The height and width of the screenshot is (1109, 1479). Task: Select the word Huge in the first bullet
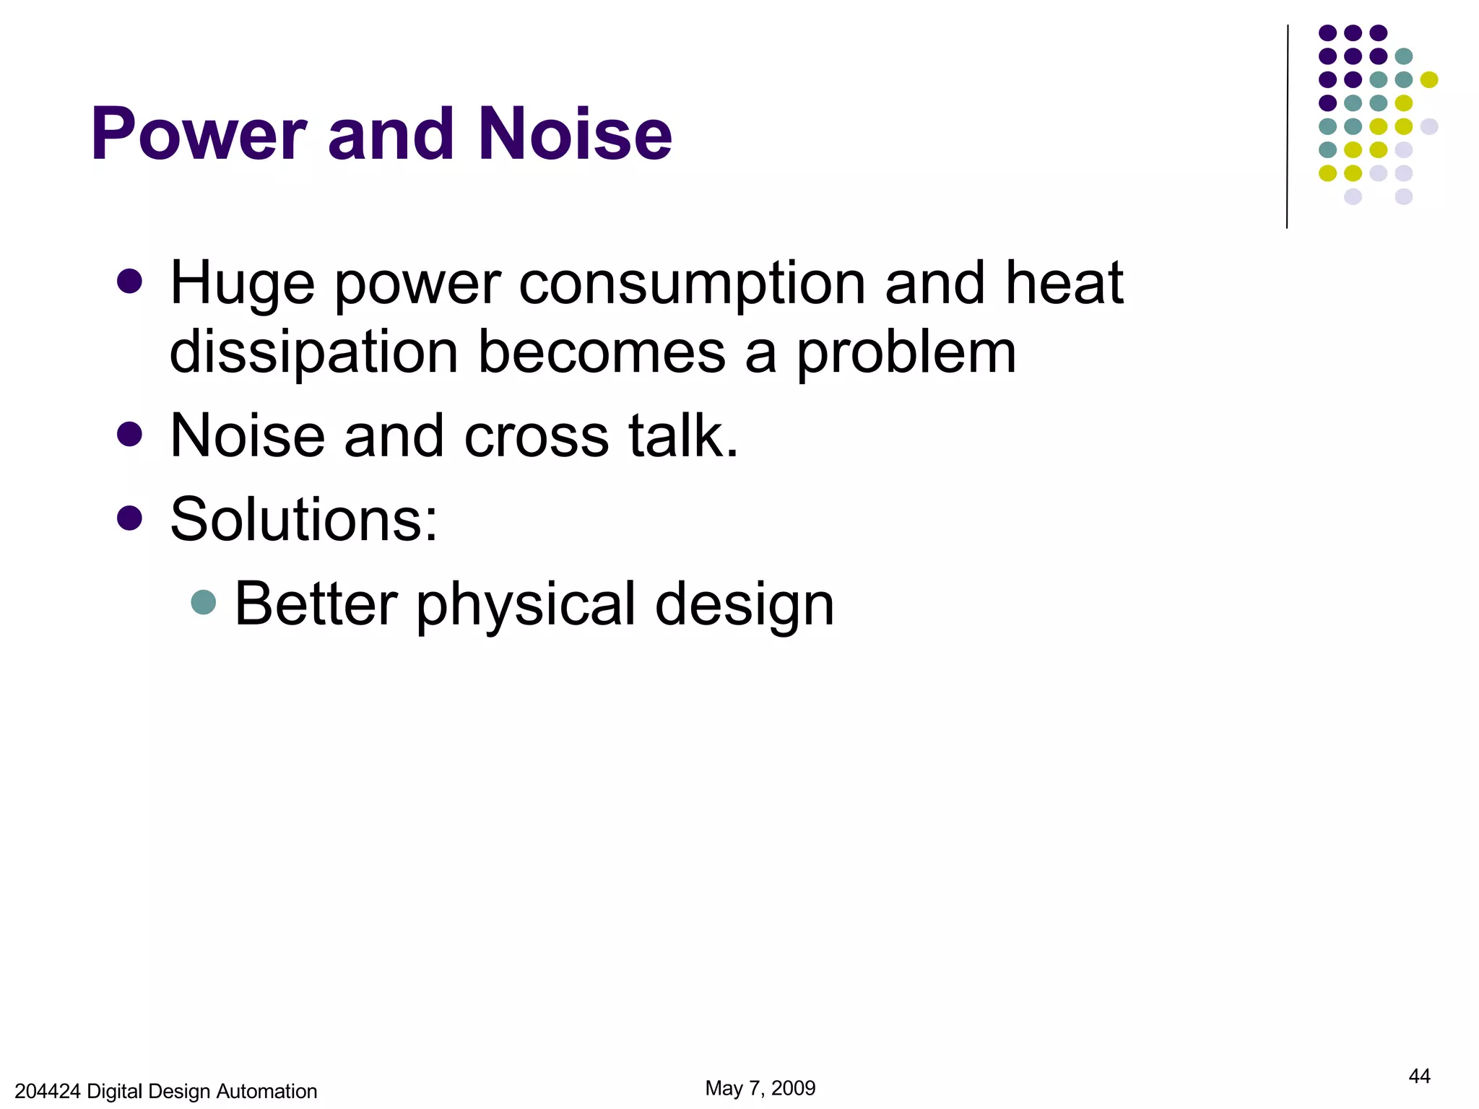click(242, 284)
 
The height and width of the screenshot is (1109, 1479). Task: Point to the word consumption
click(691, 284)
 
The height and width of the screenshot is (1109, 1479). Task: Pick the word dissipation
click(313, 352)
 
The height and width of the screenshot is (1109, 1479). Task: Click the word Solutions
click(303, 519)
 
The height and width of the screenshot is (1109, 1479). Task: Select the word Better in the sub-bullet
click(316, 604)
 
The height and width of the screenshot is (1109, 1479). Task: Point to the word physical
click(526, 605)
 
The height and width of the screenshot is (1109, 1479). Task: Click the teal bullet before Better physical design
click(204, 602)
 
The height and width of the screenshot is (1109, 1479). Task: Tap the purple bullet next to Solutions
click(129, 517)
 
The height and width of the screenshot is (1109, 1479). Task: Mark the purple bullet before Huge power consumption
click(129, 281)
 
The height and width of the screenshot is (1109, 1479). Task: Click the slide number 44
click(1419, 1076)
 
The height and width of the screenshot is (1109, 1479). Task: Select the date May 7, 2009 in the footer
click(760, 1088)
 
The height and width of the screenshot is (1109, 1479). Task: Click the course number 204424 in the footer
click(47, 1091)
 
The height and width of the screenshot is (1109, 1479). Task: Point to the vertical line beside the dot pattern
click(1287, 126)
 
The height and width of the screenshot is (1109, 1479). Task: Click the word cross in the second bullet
click(537, 436)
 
